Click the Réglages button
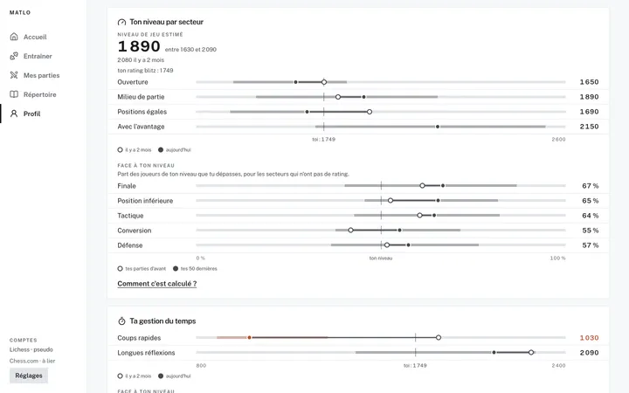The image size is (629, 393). coord(29,376)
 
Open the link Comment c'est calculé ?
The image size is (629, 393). coord(157,284)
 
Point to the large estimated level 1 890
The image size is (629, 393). coord(139,46)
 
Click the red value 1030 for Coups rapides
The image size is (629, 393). coord(589,338)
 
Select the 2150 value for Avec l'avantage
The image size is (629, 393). coord(589,127)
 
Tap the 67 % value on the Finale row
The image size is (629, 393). coord(590,186)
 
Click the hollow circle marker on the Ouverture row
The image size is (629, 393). coord(324,82)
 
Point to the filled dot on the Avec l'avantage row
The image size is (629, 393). coord(438,127)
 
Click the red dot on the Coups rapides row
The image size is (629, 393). coord(250,338)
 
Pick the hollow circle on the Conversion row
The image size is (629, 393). coord(350,231)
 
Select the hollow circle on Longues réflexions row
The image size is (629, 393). coord(531,353)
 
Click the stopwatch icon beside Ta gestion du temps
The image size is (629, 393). coord(121,321)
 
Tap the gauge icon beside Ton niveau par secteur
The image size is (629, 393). coord(121,22)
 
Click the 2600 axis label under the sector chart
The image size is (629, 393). coord(558,139)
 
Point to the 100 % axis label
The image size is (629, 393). coord(557,258)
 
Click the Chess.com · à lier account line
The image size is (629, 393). coord(32,361)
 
